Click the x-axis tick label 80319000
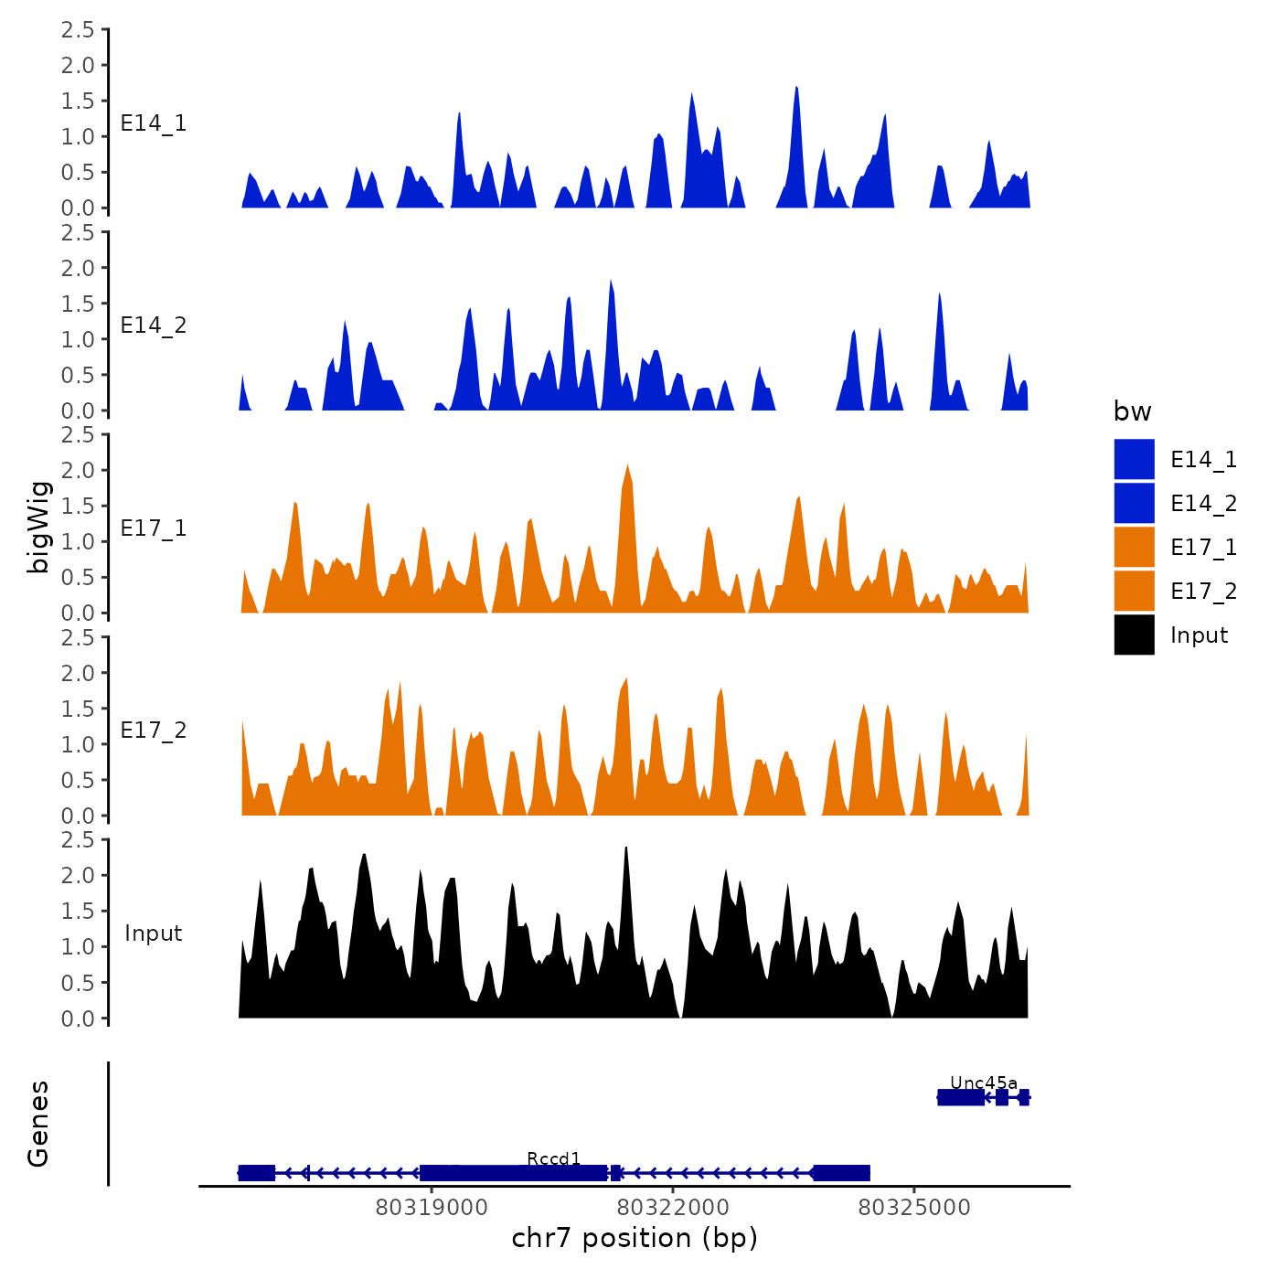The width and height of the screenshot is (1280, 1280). (x=432, y=1207)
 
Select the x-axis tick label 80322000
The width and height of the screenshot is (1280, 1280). (x=673, y=1207)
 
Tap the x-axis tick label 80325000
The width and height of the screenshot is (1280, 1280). (x=914, y=1207)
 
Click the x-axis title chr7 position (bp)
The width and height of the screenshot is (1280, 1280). (x=635, y=1238)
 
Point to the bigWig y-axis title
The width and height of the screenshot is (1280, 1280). (x=38, y=527)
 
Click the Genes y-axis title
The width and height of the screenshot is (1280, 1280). (x=38, y=1124)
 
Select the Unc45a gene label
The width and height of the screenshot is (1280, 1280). (x=983, y=1083)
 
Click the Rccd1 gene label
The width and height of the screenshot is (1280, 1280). (x=554, y=1159)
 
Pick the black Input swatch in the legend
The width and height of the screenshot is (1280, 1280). (x=1134, y=635)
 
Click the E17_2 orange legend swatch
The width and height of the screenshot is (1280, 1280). (x=1134, y=591)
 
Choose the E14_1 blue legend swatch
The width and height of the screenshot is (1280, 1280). (x=1134, y=459)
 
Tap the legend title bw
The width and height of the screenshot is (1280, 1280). (x=1132, y=411)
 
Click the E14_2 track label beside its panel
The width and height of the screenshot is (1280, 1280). (x=154, y=325)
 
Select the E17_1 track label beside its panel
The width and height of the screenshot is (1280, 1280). (x=154, y=528)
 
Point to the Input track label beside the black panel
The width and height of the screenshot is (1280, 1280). (x=154, y=933)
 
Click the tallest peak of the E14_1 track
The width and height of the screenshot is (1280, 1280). (x=796, y=89)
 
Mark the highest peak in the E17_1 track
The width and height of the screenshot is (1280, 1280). (x=627, y=466)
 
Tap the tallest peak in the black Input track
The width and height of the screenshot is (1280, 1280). (x=625, y=849)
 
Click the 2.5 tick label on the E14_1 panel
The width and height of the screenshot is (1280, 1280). (x=78, y=30)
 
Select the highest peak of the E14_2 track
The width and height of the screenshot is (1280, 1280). (x=610, y=282)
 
